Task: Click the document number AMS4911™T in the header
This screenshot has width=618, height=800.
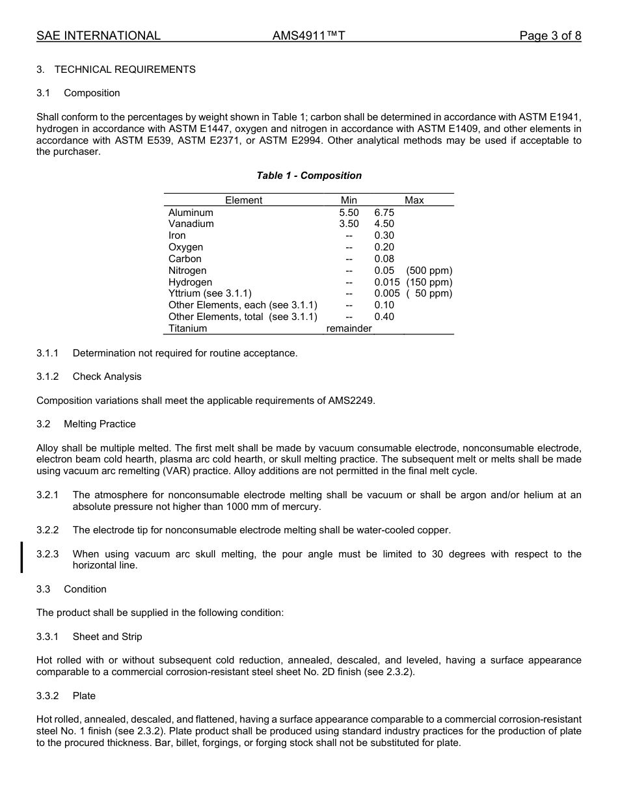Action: [308, 36]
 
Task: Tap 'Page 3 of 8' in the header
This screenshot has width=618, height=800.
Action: [550, 36]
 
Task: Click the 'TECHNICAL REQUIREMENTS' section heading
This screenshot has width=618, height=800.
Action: [125, 70]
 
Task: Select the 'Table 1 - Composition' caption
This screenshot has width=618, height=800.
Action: [309, 176]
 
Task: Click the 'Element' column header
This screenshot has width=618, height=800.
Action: [244, 200]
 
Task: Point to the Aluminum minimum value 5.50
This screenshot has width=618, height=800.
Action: [349, 213]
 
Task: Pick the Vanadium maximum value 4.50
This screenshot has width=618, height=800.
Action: [384, 224]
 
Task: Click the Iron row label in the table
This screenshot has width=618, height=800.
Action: [177, 235]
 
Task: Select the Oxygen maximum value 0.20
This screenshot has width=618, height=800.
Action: [384, 247]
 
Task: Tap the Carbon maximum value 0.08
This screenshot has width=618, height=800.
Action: [384, 259]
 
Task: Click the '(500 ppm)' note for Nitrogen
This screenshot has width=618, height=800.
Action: [429, 271]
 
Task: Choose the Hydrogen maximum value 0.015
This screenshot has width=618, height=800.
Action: [386, 282]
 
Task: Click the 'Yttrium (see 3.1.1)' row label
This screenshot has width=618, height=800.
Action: [210, 293]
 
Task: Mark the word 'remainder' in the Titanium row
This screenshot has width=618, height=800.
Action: [349, 328]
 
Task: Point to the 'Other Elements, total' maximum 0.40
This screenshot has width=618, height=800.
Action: [384, 317]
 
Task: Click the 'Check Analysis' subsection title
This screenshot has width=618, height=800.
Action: [107, 377]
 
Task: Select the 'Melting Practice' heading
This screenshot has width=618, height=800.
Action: [100, 424]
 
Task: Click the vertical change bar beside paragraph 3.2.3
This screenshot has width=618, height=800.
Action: [22, 557]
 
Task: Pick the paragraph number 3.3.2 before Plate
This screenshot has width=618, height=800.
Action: [47, 696]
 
